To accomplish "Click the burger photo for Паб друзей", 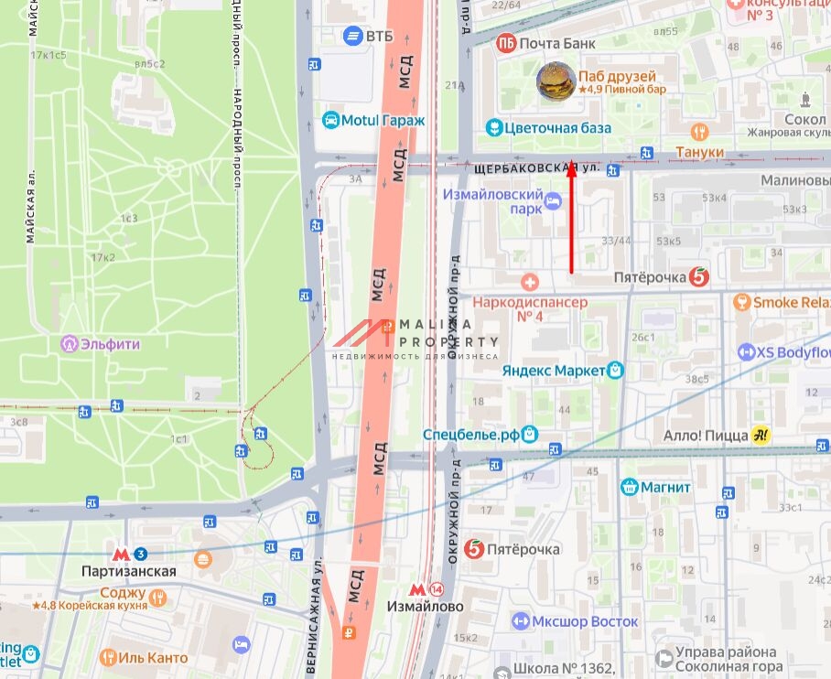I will point(556,81).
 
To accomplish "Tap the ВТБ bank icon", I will point(352,36).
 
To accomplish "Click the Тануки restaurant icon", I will point(700,132).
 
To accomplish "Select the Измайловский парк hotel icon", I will point(552,200).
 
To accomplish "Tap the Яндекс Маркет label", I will point(553,370).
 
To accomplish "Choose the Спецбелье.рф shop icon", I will point(529,435).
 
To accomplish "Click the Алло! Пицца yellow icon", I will point(760,436).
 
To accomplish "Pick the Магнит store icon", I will point(629,487).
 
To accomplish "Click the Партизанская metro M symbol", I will point(121,554).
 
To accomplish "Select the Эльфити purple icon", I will point(70,344).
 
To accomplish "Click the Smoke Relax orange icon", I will point(741,302).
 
